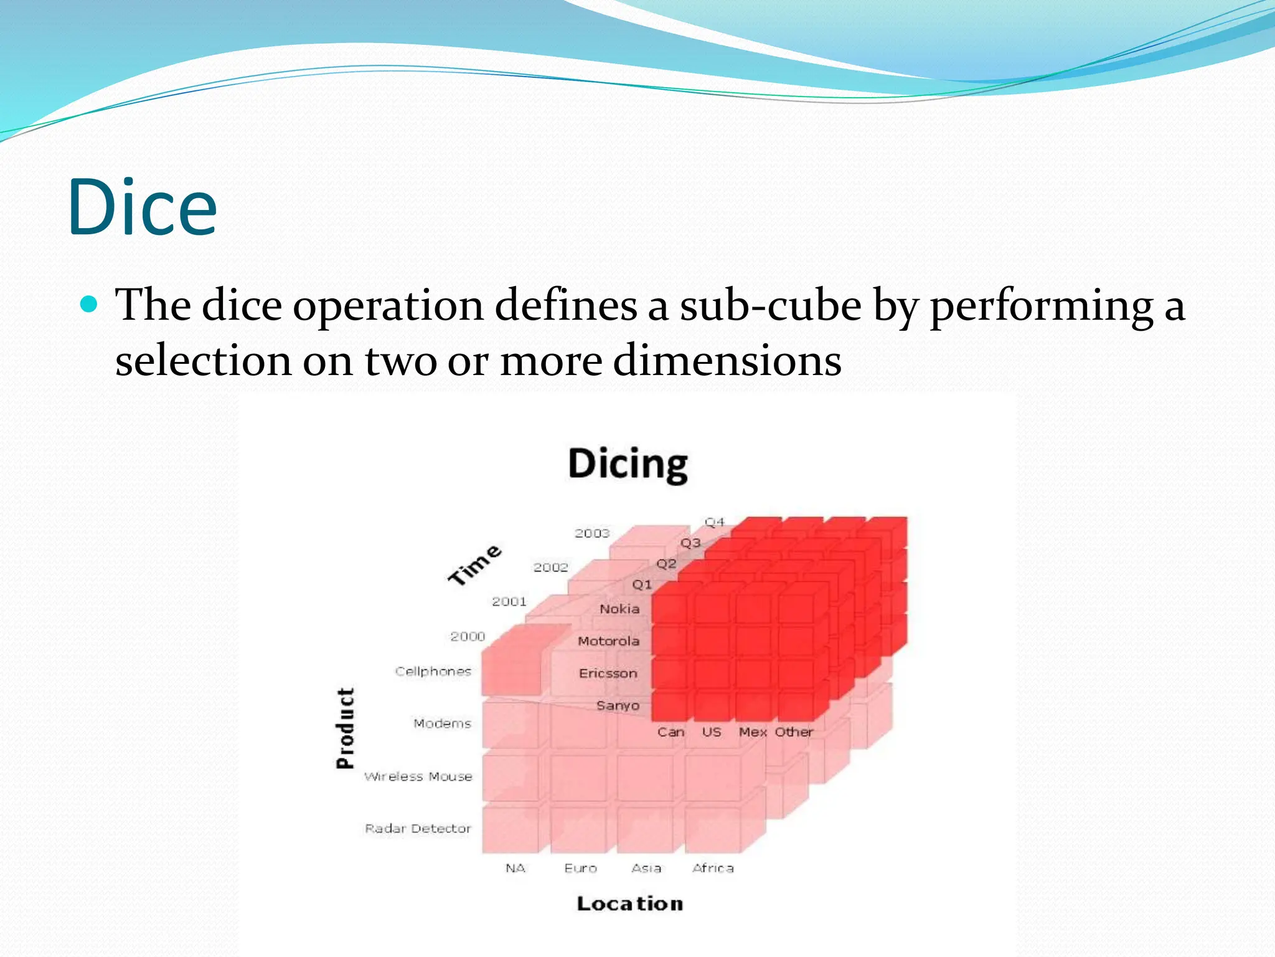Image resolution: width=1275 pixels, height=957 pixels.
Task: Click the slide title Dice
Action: [x=142, y=207]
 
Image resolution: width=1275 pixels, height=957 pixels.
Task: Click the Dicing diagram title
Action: [x=628, y=464]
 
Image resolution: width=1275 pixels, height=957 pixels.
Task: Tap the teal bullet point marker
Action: [x=90, y=305]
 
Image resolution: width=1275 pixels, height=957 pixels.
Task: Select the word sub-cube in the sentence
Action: [x=770, y=306]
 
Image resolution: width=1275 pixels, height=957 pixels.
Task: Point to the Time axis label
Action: [x=474, y=564]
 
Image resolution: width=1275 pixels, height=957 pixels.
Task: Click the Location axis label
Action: [x=629, y=903]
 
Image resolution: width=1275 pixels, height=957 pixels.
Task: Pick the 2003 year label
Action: [x=591, y=533]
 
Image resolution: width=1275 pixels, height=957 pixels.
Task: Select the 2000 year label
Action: [x=467, y=636]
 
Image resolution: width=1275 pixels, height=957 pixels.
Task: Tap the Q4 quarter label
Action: [x=714, y=522]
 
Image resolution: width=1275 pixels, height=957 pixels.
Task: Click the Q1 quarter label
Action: [x=642, y=584]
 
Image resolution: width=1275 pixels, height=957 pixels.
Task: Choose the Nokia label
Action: [x=619, y=609]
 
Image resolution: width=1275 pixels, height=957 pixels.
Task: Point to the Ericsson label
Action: [x=608, y=674]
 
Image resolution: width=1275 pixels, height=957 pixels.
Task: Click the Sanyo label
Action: [x=618, y=705]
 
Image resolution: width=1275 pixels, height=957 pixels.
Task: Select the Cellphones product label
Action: [x=433, y=671]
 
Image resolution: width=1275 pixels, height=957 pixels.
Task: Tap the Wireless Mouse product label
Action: [x=418, y=776]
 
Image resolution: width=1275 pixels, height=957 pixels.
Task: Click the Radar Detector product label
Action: [x=418, y=828]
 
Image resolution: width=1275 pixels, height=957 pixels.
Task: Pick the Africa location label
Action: [x=713, y=868]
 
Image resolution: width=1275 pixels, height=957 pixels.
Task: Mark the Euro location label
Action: [x=580, y=868]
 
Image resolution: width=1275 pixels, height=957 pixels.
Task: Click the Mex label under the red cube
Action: [x=752, y=732]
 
